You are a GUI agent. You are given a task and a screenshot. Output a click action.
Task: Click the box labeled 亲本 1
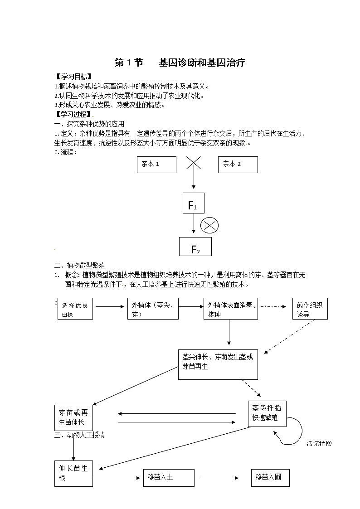pyautogui.click(x=156, y=165)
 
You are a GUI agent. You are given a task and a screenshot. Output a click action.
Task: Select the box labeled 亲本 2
pyautogui.click(x=238, y=165)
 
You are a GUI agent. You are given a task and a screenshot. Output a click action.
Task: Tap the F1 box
pyautogui.click(x=193, y=203)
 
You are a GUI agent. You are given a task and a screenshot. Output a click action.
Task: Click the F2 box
pyautogui.click(x=195, y=247)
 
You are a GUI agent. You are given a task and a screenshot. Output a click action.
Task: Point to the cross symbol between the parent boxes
pyautogui.click(x=194, y=163)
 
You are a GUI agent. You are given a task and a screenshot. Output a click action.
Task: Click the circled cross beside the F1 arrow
pyautogui.click(x=209, y=225)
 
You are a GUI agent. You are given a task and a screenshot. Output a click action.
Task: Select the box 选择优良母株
pyautogui.click(x=75, y=309)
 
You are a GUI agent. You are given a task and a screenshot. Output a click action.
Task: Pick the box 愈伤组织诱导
pyautogui.click(x=310, y=309)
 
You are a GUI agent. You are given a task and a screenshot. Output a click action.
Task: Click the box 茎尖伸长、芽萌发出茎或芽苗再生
pyautogui.click(x=218, y=364)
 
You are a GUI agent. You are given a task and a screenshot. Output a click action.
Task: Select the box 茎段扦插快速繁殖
pyautogui.click(x=267, y=413)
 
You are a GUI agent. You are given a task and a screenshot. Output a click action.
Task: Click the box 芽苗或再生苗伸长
pyautogui.click(x=73, y=417)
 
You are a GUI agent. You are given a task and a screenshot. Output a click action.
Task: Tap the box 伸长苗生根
pyautogui.click(x=73, y=474)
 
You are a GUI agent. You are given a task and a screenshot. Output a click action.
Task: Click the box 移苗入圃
pyautogui.click(x=270, y=478)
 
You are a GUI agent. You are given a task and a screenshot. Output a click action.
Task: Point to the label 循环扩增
pyautogui.click(x=319, y=443)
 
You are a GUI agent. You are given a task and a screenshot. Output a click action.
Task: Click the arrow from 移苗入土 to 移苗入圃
pyautogui.click(x=219, y=478)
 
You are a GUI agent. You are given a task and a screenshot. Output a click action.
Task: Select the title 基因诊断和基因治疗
pyautogui.click(x=202, y=63)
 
